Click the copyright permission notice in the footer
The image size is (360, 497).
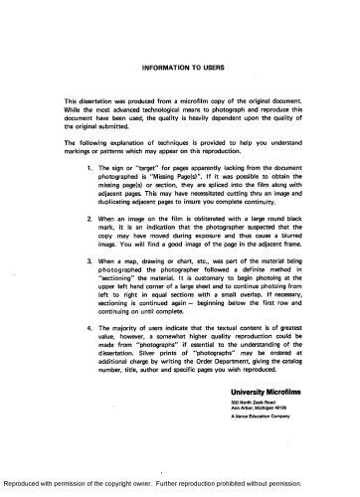point(179,489)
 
